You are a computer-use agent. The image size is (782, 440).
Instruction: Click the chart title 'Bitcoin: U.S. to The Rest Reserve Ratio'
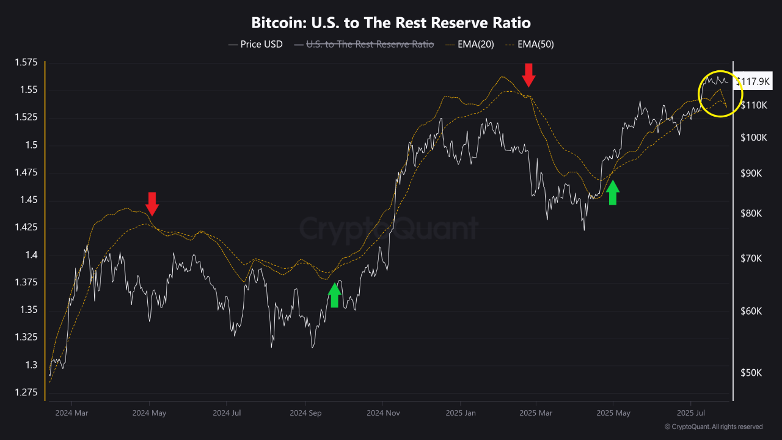click(391, 23)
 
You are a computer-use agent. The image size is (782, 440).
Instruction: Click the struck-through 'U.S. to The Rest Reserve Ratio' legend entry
click(364, 44)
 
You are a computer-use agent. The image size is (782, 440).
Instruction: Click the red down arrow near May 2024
click(152, 204)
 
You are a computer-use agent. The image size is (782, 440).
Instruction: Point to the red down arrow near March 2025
click(529, 74)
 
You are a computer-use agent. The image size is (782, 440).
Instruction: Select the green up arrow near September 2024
click(334, 295)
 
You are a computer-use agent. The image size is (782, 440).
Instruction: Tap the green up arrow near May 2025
click(613, 193)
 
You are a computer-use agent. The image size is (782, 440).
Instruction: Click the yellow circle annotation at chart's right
click(720, 93)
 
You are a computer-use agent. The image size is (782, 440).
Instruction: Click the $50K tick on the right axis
click(750, 373)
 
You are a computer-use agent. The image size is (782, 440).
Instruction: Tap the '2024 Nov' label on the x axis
click(382, 414)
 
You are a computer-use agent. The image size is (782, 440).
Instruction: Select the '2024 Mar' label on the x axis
click(71, 414)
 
